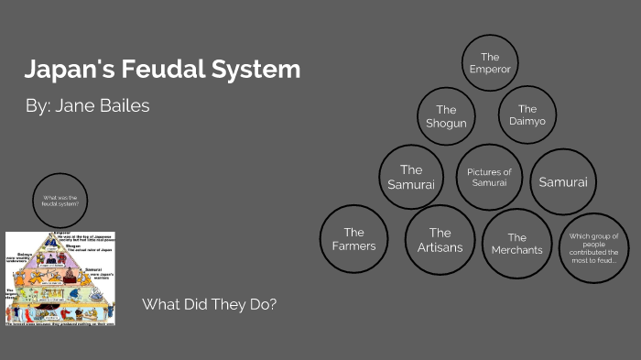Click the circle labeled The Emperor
tap(490, 63)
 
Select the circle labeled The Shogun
tap(446, 117)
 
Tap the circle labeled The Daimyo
tap(527, 115)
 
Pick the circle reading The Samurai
tap(411, 177)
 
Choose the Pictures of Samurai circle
tap(489, 177)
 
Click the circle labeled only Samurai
tap(563, 182)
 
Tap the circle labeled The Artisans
tap(440, 240)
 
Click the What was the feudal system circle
tap(61, 201)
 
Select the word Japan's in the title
tap(63, 70)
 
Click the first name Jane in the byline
tap(74, 105)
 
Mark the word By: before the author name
tap(38, 105)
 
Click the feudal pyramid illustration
tap(60, 278)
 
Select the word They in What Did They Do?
tap(230, 304)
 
